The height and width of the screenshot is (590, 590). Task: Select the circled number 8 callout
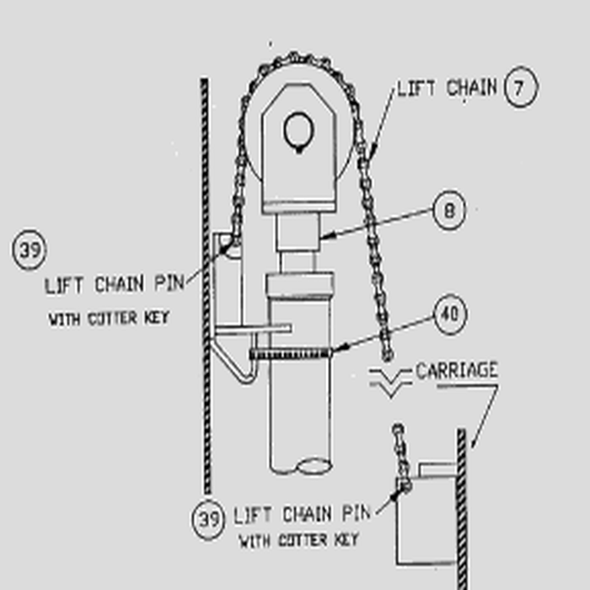pyautogui.click(x=449, y=211)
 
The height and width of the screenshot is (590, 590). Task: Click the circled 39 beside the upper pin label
pyautogui.click(x=29, y=251)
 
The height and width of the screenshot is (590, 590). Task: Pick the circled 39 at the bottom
pyautogui.click(x=207, y=518)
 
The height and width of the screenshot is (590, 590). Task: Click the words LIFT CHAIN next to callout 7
pyautogui.click(x=447, y=88)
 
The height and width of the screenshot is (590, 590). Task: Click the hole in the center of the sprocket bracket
pyautogui.click(x=298, y=131)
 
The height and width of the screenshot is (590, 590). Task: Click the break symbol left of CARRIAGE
pyautogui.click(x=389, y=381)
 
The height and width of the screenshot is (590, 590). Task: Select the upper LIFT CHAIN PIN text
pyautogui.click(x=113, y=284)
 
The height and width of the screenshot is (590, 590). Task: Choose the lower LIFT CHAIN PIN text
pyautogui.click(x=301, y=513)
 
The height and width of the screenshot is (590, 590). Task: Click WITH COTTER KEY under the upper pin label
pyautogui.click(x=108, y=319)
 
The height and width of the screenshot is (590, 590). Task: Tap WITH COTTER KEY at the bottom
pyautogui.click(x=298, y=539)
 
